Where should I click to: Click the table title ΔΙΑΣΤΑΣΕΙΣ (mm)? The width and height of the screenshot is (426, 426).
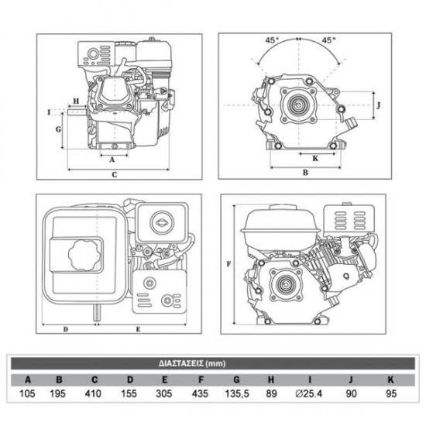(x=212, y=362)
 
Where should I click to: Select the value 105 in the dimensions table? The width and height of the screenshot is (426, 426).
(x=29, y=395)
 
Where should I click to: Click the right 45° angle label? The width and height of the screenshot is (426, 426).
(x=328, y=39)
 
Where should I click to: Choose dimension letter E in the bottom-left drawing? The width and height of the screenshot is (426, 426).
(x=138, y=329)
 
